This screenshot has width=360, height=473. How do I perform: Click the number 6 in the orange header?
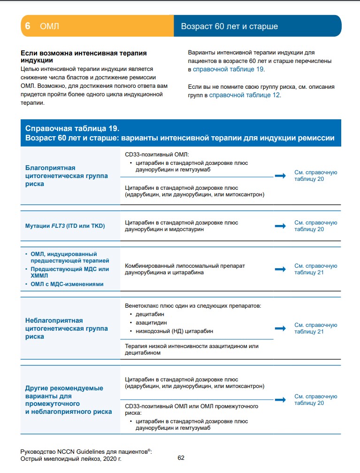pyautogui.click(x=28, y=26)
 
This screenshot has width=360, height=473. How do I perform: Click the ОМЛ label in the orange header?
pyautogui.click(x=50, y=26)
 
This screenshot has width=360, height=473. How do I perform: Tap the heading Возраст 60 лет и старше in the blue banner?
pyautogui.click(x=229, y=26)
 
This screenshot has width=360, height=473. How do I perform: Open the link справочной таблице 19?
pyautogui.click(x=229, y=69)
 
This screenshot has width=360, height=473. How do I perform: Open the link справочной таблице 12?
pyautogui.click(x=244, y=94)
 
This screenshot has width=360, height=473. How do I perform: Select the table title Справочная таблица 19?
pyautogui.click(x=72, y=128)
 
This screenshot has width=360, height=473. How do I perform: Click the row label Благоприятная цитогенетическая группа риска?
pyautogui.click(x=67, y=176)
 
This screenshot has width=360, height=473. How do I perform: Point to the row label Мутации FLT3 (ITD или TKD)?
pyautogui.click(x=65, y=226)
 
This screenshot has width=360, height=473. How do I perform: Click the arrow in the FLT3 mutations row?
pyautogui.click(x=280, y=226)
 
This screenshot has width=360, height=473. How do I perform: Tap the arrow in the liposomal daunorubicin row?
pyautogui.click(x=280, y=269)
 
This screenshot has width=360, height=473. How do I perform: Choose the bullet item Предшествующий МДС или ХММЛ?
pyautogui.click(x=69, y=272)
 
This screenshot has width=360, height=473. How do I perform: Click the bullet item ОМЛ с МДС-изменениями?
pyautogui.click(x=67, y=284)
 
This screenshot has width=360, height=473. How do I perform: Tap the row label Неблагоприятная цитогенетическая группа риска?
pyautogui.click(x=67, y=328)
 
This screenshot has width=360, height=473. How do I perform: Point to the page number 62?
pyautogui.click(x=181, y=457)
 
